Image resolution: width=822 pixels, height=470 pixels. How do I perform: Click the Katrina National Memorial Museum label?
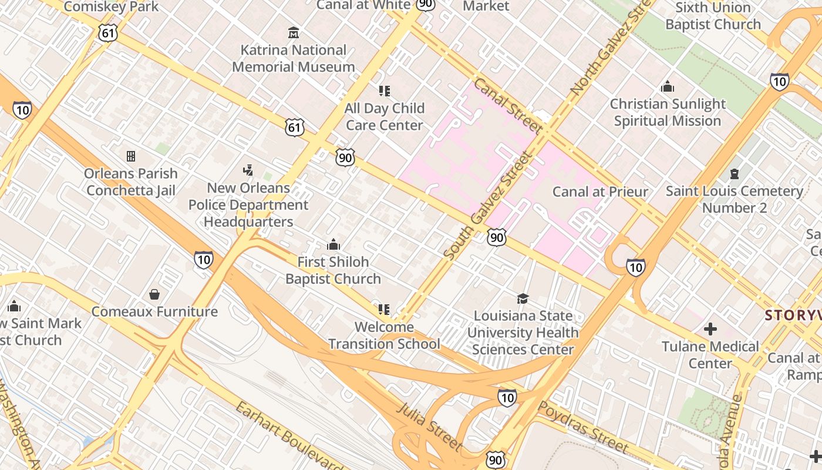pyautogui.click(x=294, y=59)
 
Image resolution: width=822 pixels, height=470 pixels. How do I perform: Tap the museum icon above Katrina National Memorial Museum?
pyautogui.click(x=294, y=32)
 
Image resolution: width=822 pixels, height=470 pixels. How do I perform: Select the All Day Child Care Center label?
pyautogui.click(x=385, y=116)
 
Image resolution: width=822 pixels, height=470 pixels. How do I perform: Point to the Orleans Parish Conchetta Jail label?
pyautogui.click(x=130, y=182)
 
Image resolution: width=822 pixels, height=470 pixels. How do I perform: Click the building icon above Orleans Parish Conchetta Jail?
pyautogui.click(x=131, y=156)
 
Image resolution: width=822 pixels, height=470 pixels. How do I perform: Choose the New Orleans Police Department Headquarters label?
pyautogui.click(x=248, y=205)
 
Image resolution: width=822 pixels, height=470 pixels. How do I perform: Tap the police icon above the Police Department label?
pyautogui.click(x=248, y=171)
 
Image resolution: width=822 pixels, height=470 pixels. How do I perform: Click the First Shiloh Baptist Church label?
pyautogui.click(x=333, y=270)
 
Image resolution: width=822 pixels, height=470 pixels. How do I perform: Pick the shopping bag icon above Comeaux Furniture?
pyautogui.click(x=154, y=294)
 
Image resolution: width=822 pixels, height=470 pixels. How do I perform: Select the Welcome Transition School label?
pyautogui.click(x=385, y=335)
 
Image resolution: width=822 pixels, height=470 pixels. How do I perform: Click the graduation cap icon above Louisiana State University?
pyautogui.click(x=523, y=298)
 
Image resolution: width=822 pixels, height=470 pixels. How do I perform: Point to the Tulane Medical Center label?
pyautogui.click(x=710, y=355)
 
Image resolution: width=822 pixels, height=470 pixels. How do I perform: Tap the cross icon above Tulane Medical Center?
pyautogui.click(x=710, y=328)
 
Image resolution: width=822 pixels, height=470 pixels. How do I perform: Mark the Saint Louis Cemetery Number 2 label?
pyautogui.click(x=735, y=199)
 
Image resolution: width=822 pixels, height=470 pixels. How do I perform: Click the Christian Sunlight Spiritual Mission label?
pyautogui.click(x=668, y=112)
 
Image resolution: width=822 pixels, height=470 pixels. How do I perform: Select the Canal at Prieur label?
pyautogui.click(x=601, y=192)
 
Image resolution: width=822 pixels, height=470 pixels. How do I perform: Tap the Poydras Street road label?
pyautogui.click(x=584, y=427)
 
